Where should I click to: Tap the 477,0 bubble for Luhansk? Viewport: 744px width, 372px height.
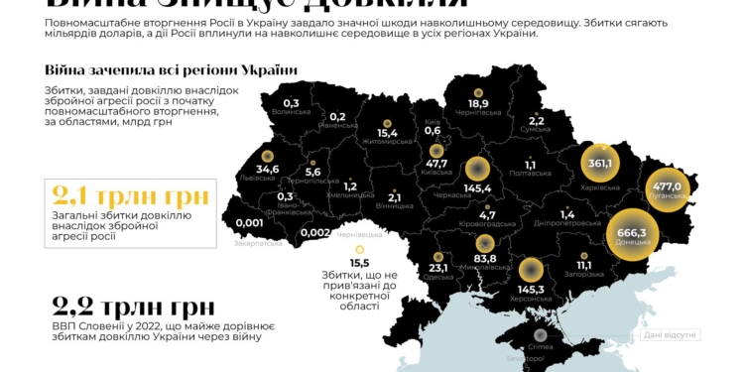[666, 186]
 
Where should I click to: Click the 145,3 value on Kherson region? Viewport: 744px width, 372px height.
[530, 290]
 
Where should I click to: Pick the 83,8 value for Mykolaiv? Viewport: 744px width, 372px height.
[485, 259]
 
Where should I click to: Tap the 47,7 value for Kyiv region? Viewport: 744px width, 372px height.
[436, 164]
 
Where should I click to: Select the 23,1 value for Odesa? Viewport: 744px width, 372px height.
[438, 267]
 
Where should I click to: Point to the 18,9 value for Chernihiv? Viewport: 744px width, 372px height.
[478, 103]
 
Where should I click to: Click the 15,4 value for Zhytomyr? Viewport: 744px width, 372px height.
[387, 133]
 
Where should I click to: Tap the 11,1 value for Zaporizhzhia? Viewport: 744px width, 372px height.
[583, 265]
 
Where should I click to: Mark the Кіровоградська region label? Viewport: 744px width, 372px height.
[486, 225]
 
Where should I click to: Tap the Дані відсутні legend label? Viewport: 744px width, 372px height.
[671, 335]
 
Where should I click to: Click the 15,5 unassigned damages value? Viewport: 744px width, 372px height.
[359, 262]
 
